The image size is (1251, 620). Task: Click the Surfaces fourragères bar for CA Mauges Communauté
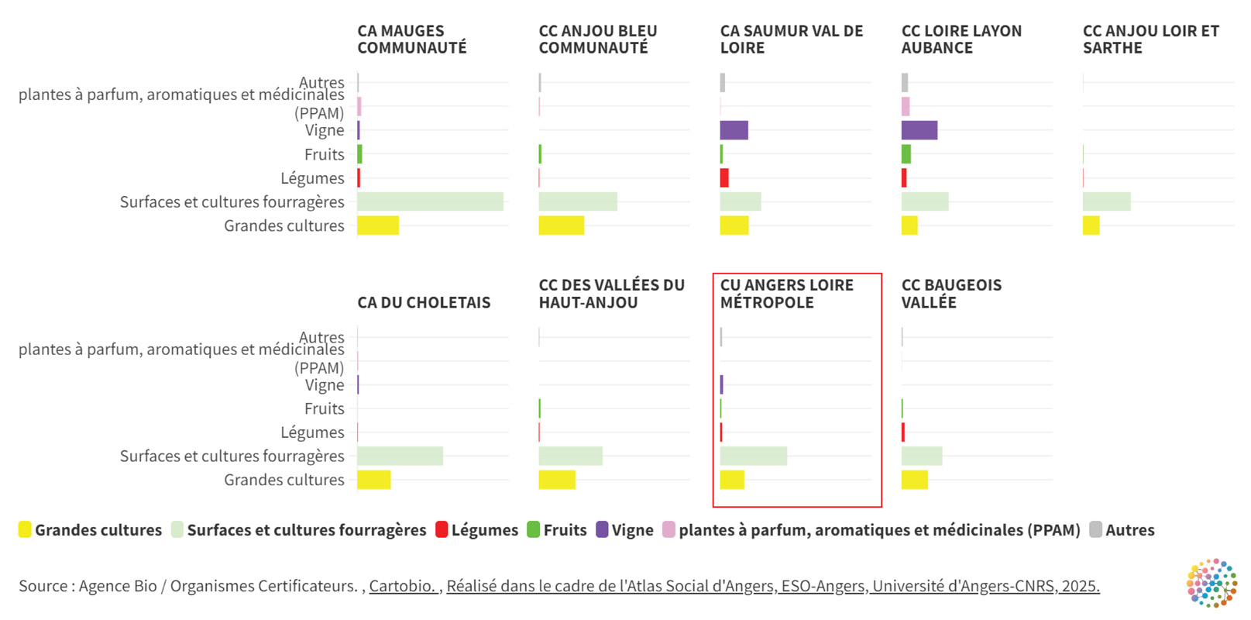430,201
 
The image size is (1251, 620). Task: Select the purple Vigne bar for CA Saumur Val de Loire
734,130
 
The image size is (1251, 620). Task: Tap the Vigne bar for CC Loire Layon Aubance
919,130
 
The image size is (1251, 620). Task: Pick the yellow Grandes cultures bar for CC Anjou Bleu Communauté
561,226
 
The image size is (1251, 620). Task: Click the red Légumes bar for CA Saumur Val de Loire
724,178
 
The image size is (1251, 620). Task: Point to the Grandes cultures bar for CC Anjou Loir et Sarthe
1091,226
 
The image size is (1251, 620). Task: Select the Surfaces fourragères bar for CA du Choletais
400,456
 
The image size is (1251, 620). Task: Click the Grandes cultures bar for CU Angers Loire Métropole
732,480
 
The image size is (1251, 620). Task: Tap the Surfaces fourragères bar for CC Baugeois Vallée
921,456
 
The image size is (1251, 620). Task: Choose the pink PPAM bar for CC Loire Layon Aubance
906,106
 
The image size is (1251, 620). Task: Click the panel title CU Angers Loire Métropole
786,294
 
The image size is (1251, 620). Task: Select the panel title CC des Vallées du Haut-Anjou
611,294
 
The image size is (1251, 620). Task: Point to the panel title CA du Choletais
424,302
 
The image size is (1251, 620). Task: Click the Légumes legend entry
476,530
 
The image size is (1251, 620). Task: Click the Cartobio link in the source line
403,586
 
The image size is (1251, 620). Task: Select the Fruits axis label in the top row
324,154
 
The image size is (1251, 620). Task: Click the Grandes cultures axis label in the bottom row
284,480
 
